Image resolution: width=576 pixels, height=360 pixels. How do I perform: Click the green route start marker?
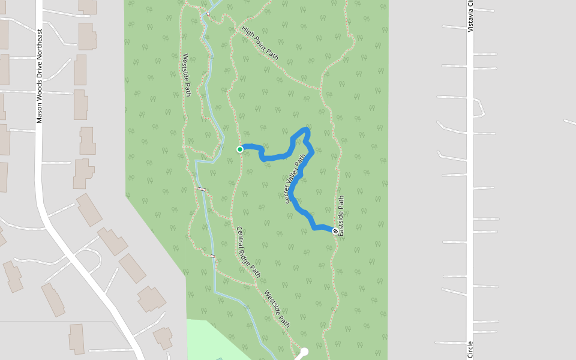pos(240,149)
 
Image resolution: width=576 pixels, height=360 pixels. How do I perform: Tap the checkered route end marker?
pos(335,231)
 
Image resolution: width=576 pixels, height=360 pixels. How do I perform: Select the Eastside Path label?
pos(341,215)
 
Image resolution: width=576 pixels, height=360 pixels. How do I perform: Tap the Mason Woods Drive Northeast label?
pos(40,76)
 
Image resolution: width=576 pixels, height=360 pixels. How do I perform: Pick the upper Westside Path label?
pos(187,75)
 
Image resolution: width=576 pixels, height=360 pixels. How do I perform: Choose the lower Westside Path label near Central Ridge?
pos(277,308)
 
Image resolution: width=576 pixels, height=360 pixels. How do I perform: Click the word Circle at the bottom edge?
pos(470,350)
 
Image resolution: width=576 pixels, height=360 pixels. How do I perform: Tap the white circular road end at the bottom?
pos(304,352)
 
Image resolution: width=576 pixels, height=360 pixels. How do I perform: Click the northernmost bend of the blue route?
pos(306,130)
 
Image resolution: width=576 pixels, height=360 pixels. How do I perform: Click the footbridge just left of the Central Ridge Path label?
pos(213,256)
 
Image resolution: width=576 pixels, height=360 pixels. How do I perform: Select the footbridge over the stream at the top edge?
pos(208,13)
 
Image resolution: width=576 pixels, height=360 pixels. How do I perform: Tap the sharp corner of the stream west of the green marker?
pos(197,161)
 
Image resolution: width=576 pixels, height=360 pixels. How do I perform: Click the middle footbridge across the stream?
pos(202,190)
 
